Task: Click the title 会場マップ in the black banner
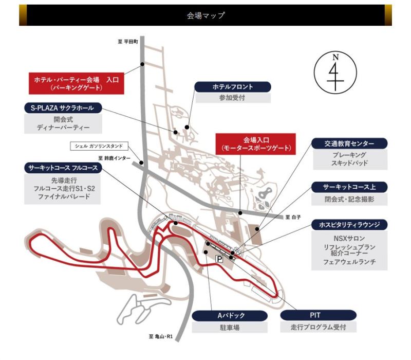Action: point(206,15)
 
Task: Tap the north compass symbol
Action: point(335,73)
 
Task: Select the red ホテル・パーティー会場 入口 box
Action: point(76,83)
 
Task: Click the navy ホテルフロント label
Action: point(233,87)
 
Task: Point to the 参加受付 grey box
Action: point(233,98)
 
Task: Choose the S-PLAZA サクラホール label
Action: point(63,108)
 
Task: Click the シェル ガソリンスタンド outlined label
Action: point(99,146)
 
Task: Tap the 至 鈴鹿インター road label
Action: point(114,158)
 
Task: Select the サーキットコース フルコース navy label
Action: point(63,168)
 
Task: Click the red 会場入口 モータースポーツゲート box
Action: point(255,144)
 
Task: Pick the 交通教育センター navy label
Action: point(349,143)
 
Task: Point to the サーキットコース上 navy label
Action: point(349,187)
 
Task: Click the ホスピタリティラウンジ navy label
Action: point(349,225)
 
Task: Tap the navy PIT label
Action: point(318,315)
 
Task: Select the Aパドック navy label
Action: point(230,316)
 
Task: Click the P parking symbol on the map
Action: point(219,259)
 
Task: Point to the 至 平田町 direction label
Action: point(128,42)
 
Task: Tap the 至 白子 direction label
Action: point(293,217)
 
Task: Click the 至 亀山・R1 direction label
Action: point(161,336)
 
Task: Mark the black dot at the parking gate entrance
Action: point(142,64)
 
